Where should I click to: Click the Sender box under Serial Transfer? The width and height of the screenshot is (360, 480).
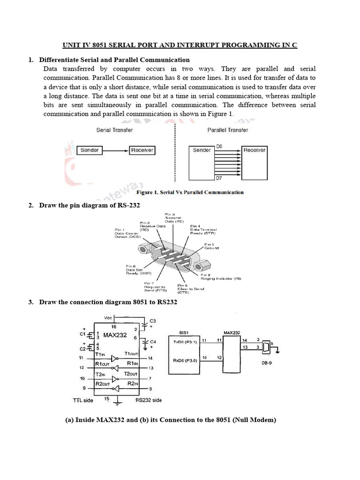[x=90, y=150]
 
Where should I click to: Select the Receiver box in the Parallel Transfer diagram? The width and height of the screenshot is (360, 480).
[x=254, y=150]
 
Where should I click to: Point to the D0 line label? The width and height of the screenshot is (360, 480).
[x=219, y=147]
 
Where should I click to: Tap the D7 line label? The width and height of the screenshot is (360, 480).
[x=219, y=179]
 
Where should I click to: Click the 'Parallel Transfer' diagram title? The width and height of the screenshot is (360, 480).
[x=227, y=130]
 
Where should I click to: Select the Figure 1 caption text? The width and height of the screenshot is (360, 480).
[x=189, y=192]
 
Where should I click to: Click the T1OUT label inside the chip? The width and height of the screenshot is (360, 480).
[x=131, y=353]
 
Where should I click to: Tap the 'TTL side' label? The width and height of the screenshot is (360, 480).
[x=83, y=400]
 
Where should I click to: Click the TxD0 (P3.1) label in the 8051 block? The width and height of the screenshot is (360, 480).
[x=184, y=342]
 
